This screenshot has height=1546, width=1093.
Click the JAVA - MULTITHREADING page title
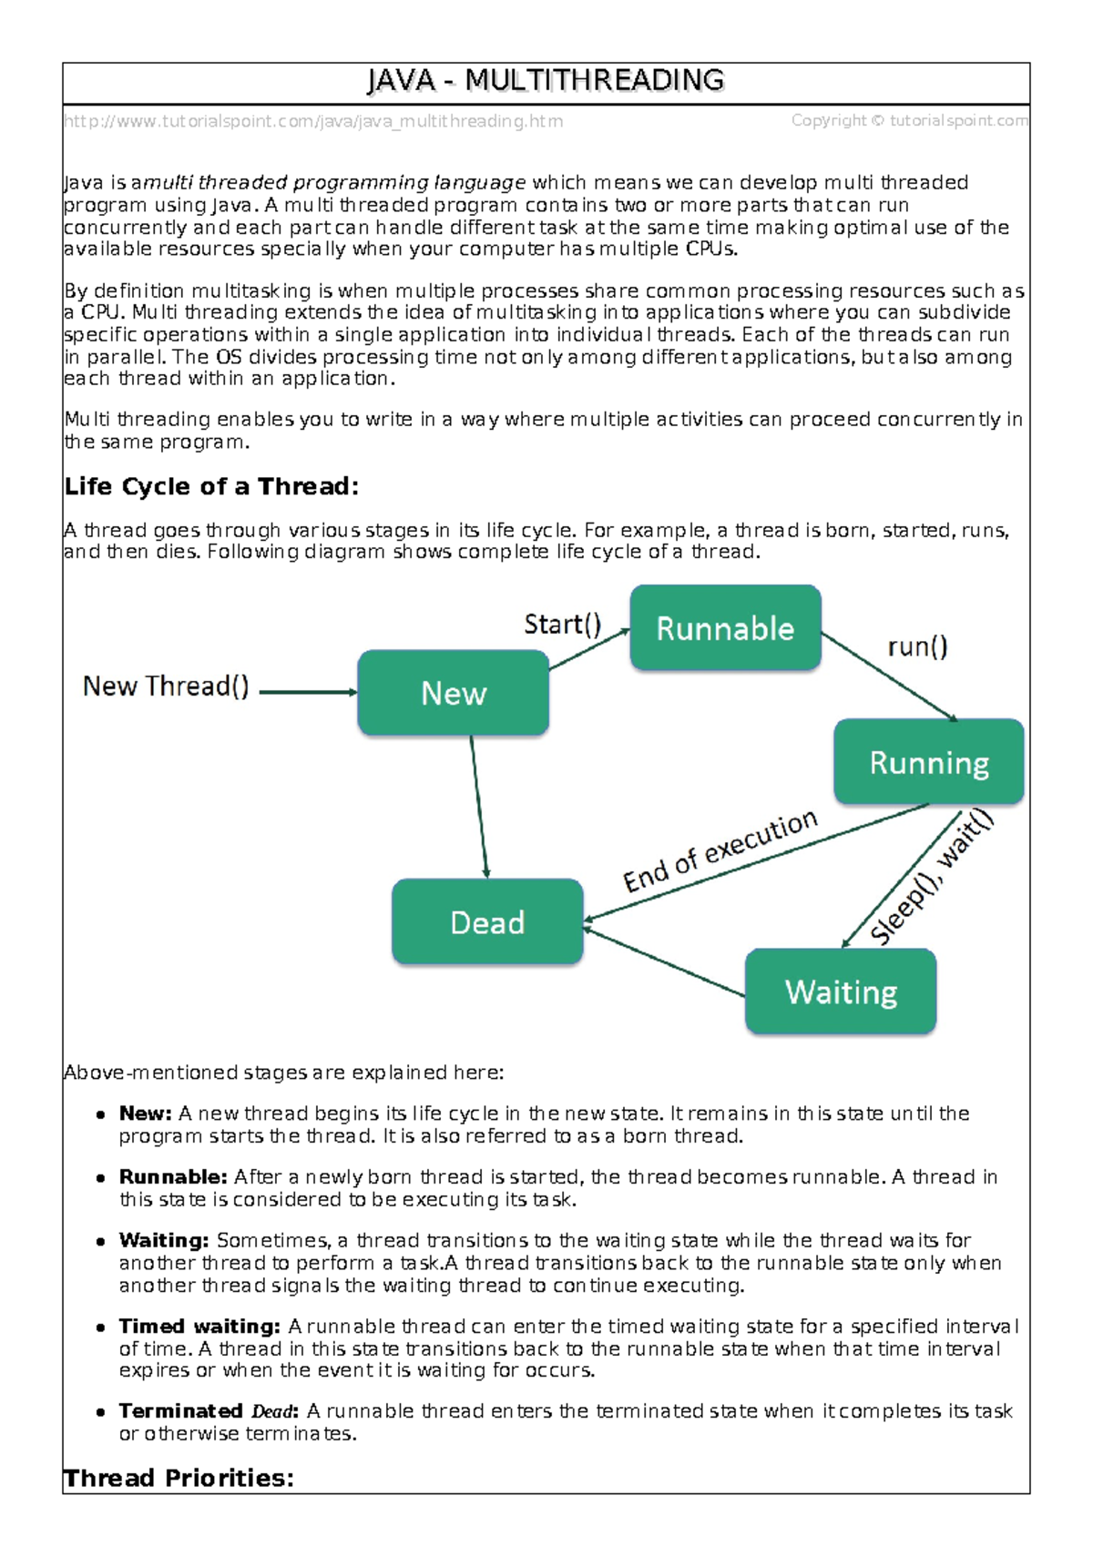coord(546,81)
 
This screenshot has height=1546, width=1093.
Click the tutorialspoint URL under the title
coord(313,121)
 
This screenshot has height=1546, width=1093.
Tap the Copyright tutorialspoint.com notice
coord(909,120)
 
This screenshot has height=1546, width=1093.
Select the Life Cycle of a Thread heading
coord(211,487)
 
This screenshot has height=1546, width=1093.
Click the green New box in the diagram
coord(454,694)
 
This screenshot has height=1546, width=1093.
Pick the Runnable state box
coord(725,628)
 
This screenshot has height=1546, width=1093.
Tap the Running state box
coord(929,762)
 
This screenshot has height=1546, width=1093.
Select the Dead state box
coord(487,922)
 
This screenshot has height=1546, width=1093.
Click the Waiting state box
coord(841,992)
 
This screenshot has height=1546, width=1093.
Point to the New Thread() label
coord(166,687)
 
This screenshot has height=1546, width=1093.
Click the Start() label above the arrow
coord(562,625)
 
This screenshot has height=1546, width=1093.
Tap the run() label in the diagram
coord(917,647)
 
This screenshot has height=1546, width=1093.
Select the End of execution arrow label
coord(720,851)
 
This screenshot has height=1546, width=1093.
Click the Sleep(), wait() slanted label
coord(931,879)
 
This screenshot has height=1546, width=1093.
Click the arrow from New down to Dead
coord(479,806)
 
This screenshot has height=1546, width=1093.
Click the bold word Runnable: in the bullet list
coord(173,1177)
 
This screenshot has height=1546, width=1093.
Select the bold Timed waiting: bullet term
coord(199,1327)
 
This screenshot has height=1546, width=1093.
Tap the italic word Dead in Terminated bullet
coord(273,1412)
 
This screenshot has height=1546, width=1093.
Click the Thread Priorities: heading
coord(179,1478)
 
